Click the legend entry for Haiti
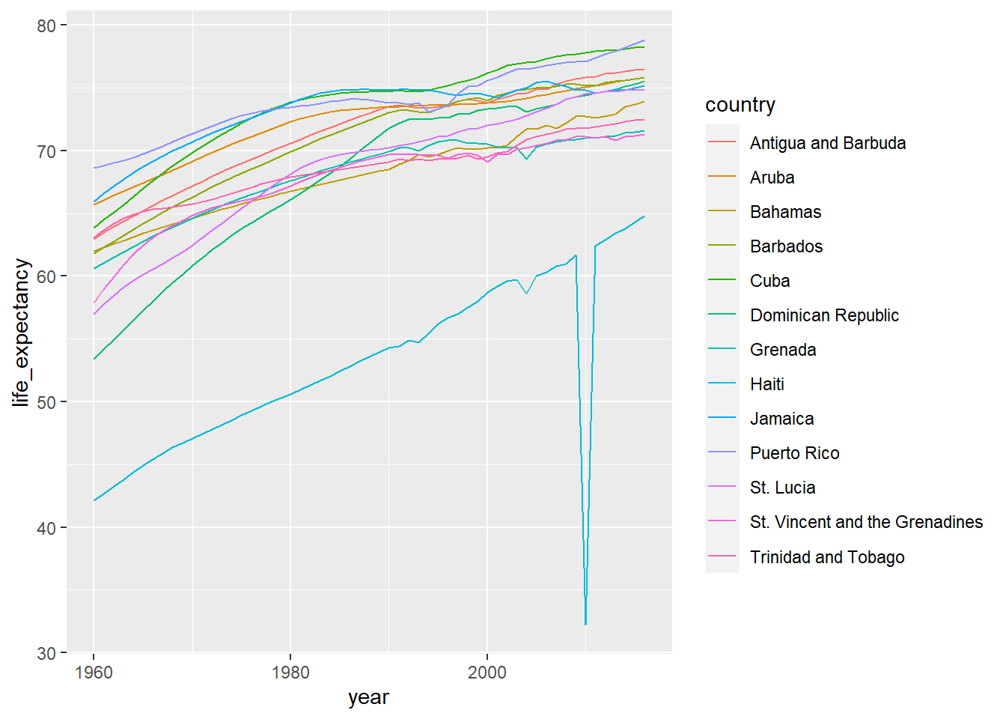766,384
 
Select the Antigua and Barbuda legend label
827,143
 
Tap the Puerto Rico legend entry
794,453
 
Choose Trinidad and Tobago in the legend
826,557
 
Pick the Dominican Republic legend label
823,315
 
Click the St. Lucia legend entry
782,488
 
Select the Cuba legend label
769,281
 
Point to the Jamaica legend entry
781,419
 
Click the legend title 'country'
740,105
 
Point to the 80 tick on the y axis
46,25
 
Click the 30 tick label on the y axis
46,653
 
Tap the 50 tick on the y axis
46,402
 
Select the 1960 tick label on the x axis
94,673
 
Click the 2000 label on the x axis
487,673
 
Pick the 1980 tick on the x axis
290,673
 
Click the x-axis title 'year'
368,697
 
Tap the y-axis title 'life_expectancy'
21,333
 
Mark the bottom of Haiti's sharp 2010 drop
585,624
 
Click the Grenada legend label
782,350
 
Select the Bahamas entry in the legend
785,212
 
